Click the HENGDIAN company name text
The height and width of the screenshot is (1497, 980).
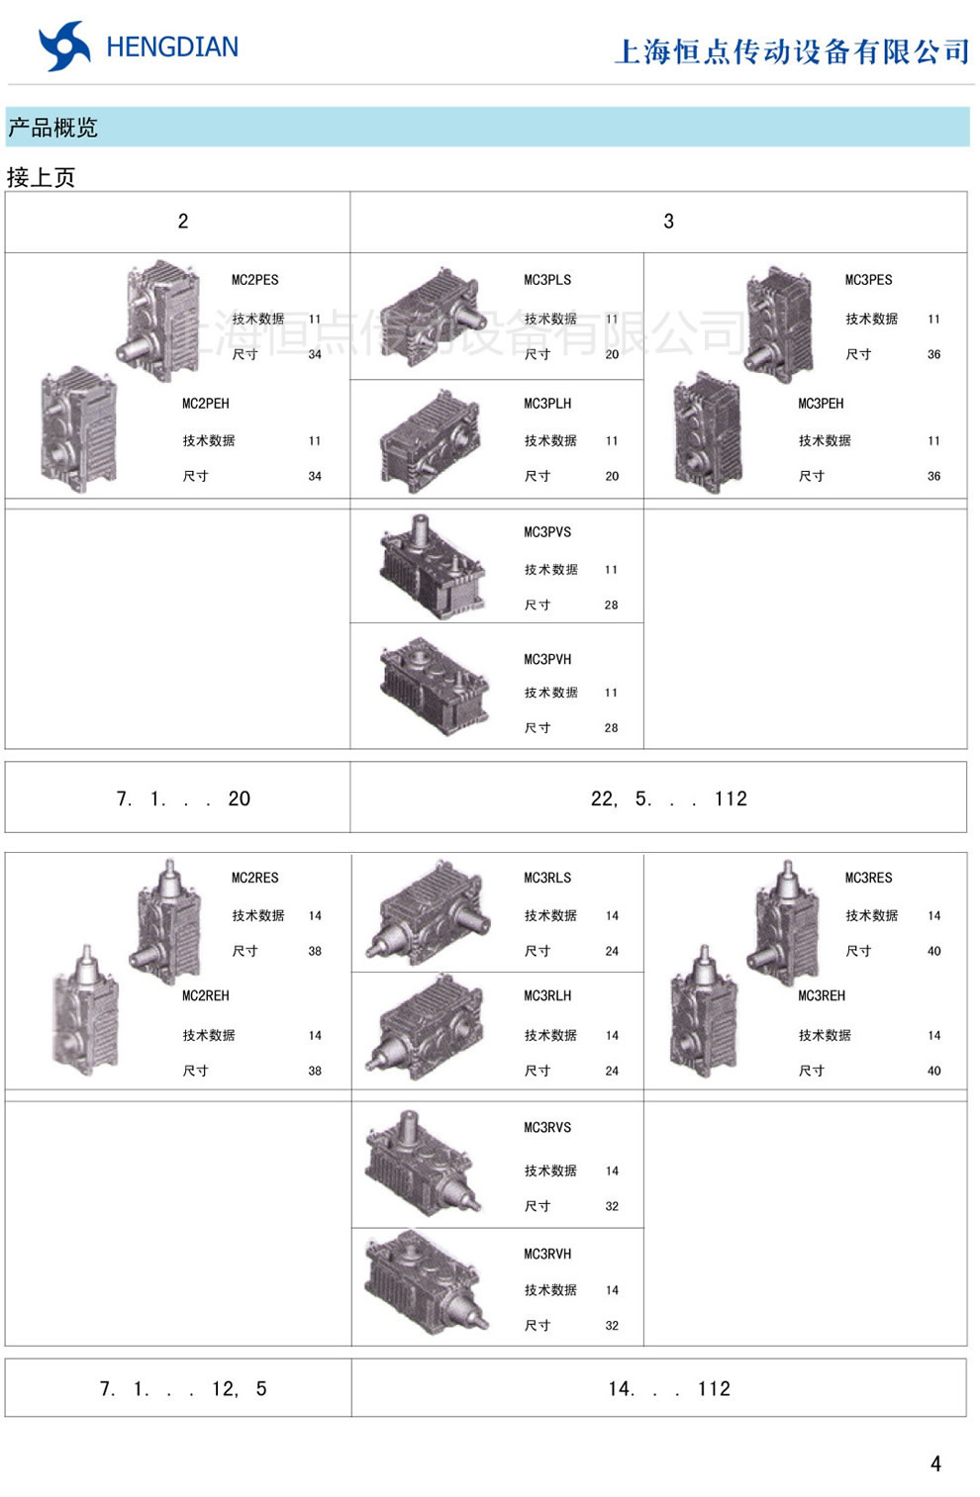pyautogui.click(x=172, y=47)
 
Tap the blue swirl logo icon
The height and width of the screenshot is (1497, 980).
pyautogui.click(x=64, y=46)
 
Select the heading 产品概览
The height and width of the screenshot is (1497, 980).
pyautogui.click(x=52, y=127)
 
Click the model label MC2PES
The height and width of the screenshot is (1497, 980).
pyautogui.click(x=254, y=280)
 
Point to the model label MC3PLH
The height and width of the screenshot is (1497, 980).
pyautogui.click(x=547, y=404)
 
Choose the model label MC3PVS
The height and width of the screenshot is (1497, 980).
pyautogui.click(x=547, y=532)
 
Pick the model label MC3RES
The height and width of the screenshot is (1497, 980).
pyautogui.click(x=868, y=878)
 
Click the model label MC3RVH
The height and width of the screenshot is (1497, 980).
pyautogui.click(x=547, y=1254)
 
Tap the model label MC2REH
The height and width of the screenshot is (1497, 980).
pyautogui.click(x=206, y=995)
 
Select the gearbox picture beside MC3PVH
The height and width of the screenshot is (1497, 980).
pyautogui.click(x=434, y=687)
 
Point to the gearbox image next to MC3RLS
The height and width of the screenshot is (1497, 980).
pyautogui.click(x=428, y=912)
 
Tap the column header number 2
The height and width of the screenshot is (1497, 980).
pyautogui.click(x=183, y=222)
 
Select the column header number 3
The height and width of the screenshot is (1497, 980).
pyautogui.click(x=668, y=222)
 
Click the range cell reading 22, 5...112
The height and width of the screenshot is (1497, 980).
pyautogui.click(x=668, y=798)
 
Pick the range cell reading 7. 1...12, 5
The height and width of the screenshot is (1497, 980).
pyautogui.click(x=183, y=1389)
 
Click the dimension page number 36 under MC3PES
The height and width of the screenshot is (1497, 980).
pyautogui.click(x=933, y=354)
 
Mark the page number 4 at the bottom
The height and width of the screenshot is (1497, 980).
pyautogui.click(x=935, y=1464)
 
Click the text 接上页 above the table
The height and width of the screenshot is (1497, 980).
pyautogui.click(x=41, y=177)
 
